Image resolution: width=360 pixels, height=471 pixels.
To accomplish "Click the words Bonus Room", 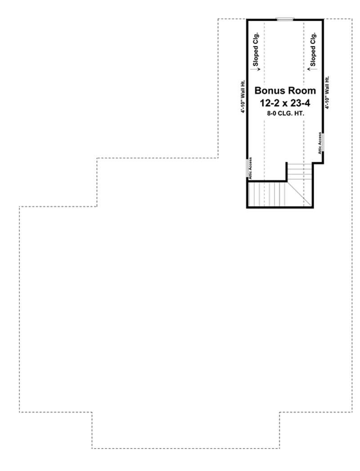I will point(286,90).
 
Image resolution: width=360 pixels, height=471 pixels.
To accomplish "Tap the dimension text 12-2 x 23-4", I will point(286,103).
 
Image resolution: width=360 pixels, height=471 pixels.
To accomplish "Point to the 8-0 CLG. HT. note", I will point(286,113).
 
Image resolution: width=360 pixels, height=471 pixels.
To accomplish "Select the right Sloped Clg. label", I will point(313,47).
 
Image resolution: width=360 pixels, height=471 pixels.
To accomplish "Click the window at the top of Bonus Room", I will point(285,19).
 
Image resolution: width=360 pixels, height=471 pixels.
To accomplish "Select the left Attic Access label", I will point(251,168).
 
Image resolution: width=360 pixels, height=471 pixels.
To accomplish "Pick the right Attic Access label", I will point(320,143).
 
